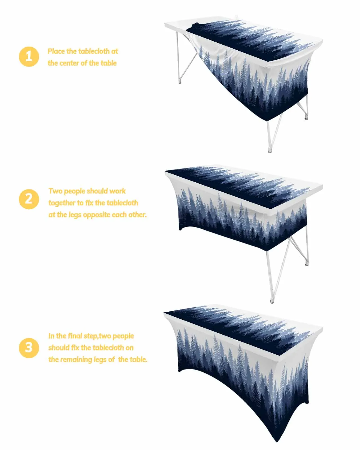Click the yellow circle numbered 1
[x=29, y=57]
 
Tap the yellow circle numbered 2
[x=29, y=199]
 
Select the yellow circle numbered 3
[x=29, y=348]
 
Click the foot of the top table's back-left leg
[x=180, y=82]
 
